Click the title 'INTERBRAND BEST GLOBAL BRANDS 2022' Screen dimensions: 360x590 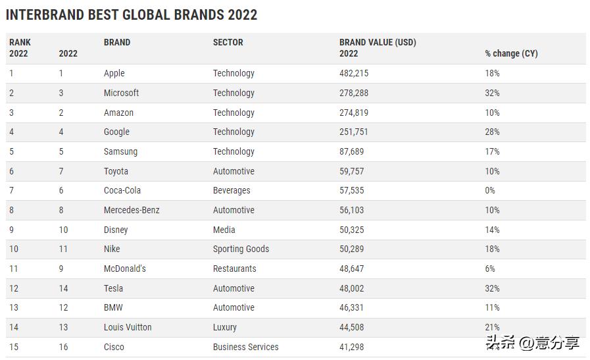[132, 14]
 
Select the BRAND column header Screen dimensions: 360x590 [117, 42]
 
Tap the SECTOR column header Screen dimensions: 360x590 [228, 42]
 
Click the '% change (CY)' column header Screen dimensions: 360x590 [511, 53]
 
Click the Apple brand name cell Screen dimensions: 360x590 [114, 73]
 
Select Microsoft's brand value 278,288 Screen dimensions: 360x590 [354, 93]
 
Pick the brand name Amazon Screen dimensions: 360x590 [118, 113]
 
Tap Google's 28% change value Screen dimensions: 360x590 [492, 132]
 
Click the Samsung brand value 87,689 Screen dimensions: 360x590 [351, 151]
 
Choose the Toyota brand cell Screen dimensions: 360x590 [116, 171]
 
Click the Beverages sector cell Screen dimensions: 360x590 [232, 190]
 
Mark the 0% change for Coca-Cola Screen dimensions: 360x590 [490, 190]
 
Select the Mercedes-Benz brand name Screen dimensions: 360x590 [132, 210]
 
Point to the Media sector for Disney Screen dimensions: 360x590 [224, 230]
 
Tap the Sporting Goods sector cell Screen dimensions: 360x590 [241, 249]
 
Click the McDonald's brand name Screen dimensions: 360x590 [125, 269]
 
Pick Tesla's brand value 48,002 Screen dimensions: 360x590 [351, 288]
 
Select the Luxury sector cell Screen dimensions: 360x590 [224, 327]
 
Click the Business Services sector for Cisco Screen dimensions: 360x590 [245, 347]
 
